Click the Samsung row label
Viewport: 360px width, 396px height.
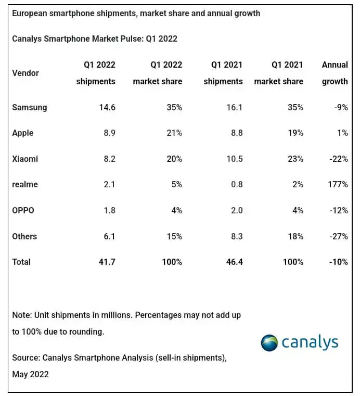pyautogui.click(x=29, y=107)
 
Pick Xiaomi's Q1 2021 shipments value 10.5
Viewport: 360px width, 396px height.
pyautogui.click(x=233, y=159)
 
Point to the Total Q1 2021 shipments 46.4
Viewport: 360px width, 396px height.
pyautogui.click(x=233, y=262)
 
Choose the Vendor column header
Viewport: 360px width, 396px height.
pyautogui.click(x=25, y=73)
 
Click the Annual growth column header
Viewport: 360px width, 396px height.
pyautogui.click(x=335, y=73)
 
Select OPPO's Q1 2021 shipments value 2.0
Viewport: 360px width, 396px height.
pyautogui.click(x=236, y=210)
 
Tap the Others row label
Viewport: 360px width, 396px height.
pyautogui.click(x=24, y=236)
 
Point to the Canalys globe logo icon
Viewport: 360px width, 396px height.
pyautogui.click(x=269, y=343)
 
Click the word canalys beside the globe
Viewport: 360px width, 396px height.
pyautogui.click(x=310, y=342)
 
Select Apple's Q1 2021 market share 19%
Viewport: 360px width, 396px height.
pyautogui.click(x=295, y=133)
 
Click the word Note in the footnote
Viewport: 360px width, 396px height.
pyautogui.click(x=21, y=315)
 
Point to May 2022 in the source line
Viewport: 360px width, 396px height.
pyautogui.click(x=30, y=374)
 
